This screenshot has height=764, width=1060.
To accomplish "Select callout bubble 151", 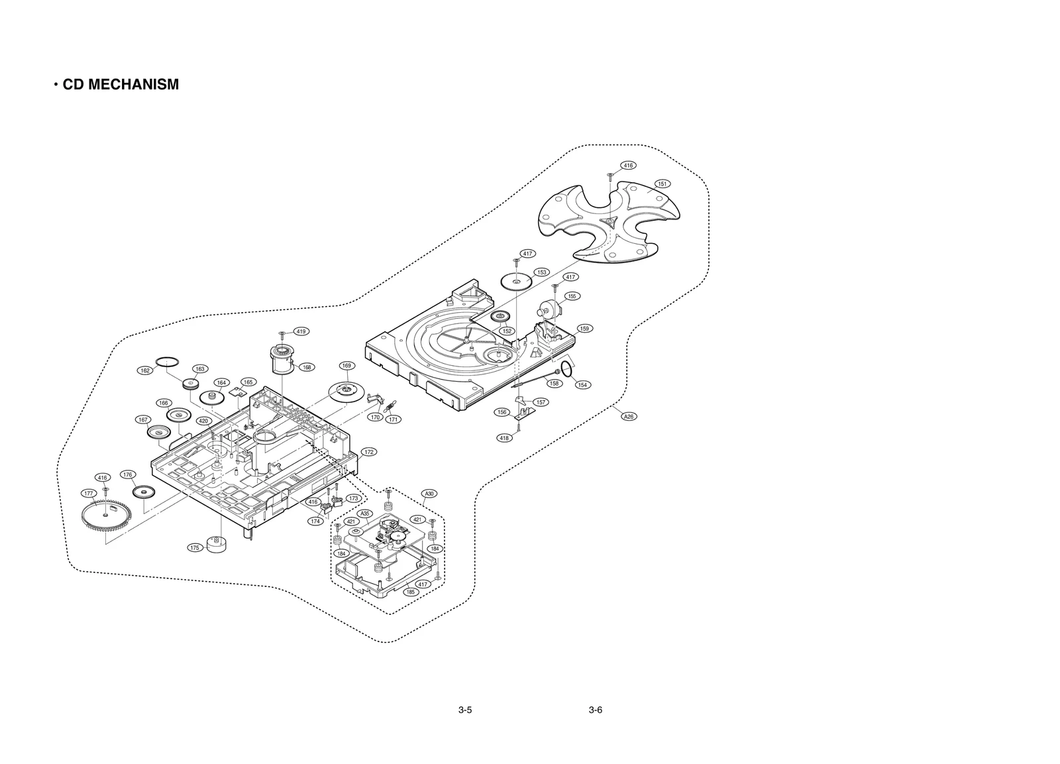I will [662, 184].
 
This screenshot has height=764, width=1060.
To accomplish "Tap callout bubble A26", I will [629, 416].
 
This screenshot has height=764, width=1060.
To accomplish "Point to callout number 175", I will [194, 548].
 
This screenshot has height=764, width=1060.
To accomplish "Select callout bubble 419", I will [301, 331].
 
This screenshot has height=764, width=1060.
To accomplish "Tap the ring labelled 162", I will [168, 360].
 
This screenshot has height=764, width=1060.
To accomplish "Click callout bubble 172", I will [368, 452].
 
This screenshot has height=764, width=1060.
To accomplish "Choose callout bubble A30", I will [429, 494].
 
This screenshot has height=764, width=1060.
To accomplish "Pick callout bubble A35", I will [364, 514].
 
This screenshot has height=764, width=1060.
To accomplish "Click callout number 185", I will [411, 592].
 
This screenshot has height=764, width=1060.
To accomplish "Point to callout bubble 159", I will [584, 329].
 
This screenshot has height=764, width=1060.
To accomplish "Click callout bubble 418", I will [504, 438].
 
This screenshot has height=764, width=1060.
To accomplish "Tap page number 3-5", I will [464, 710].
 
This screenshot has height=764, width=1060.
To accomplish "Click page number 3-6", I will [595, 710].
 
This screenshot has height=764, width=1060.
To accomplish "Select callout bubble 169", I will [346, 366].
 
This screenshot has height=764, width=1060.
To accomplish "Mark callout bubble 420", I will [204, 421].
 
